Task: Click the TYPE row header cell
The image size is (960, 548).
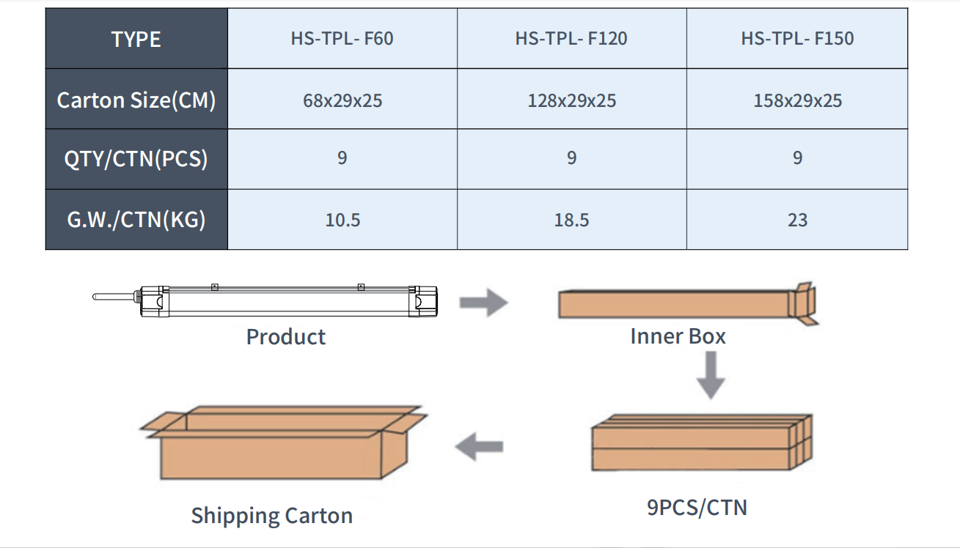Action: click(136, 39)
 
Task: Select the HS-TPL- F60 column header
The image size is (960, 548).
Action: click(342, 39)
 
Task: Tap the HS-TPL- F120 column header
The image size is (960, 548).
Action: click(572, 39)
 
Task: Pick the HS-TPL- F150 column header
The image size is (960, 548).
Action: click(797, 39)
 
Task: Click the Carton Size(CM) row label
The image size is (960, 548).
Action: click(136, 100)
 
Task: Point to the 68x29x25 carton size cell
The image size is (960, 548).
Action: click(342, 100)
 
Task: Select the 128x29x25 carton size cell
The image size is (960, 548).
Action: click(572, 100)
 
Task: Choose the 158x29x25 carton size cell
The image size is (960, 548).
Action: click(797, 100)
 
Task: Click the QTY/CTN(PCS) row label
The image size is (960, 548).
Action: click(136, 159)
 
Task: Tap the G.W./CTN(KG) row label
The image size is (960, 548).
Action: click(136, 220)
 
